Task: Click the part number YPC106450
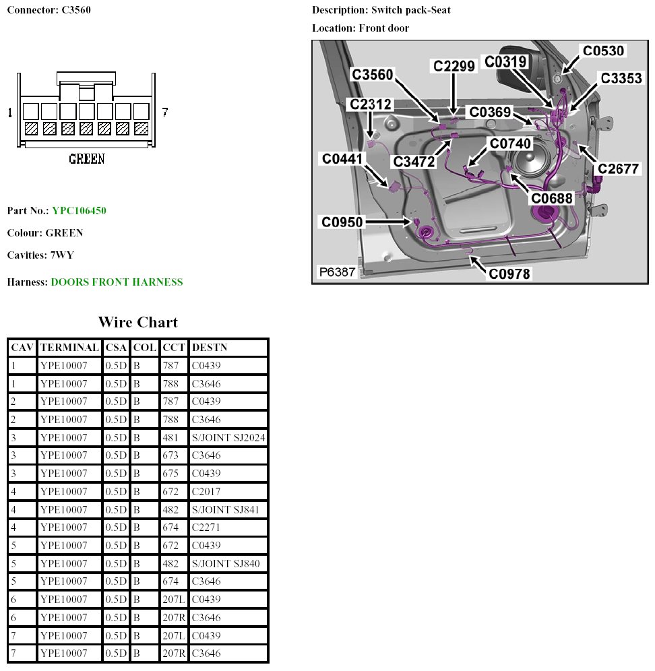pos(79,211)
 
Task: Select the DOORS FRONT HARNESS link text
pos(117,282)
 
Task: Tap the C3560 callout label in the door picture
pos(372,75)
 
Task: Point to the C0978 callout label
pos(509,274)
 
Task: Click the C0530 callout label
pos(603,51)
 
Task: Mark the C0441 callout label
pos(342,158)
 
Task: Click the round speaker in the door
pos(530,166)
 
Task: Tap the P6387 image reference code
pos(337,271)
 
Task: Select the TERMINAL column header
pos(70,348)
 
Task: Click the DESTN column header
pos(210,348)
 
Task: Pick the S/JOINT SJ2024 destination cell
pos(228,438)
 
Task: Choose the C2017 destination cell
pos(206,492)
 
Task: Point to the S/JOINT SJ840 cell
pos(226,563)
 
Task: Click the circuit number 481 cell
pos(170,438)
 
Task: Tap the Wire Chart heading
pos(138,321)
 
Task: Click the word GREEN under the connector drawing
pos(87,159)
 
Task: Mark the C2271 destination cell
pos(206,528)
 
